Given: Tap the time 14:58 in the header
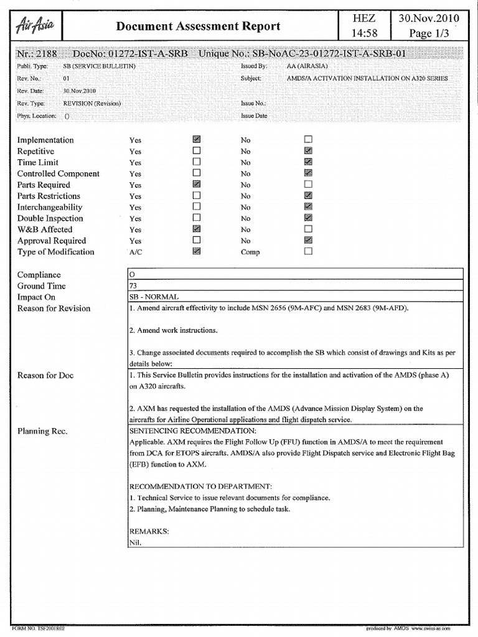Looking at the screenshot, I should coord(363,34).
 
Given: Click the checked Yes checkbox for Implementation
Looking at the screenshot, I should coord(197,140).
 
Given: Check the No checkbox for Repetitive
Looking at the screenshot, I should coord(308,151).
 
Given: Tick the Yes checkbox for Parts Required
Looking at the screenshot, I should coord(197,185).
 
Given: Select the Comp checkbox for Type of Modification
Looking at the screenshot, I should coord(308,252).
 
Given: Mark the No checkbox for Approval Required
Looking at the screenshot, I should coord(308,241).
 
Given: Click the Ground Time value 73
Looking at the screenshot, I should coord(134,286).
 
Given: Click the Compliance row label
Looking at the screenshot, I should coord(39,275).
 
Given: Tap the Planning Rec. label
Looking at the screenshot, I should coord(42,431).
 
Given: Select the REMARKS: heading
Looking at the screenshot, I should coord(149,532).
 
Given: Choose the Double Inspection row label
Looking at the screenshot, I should coord(50,218).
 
